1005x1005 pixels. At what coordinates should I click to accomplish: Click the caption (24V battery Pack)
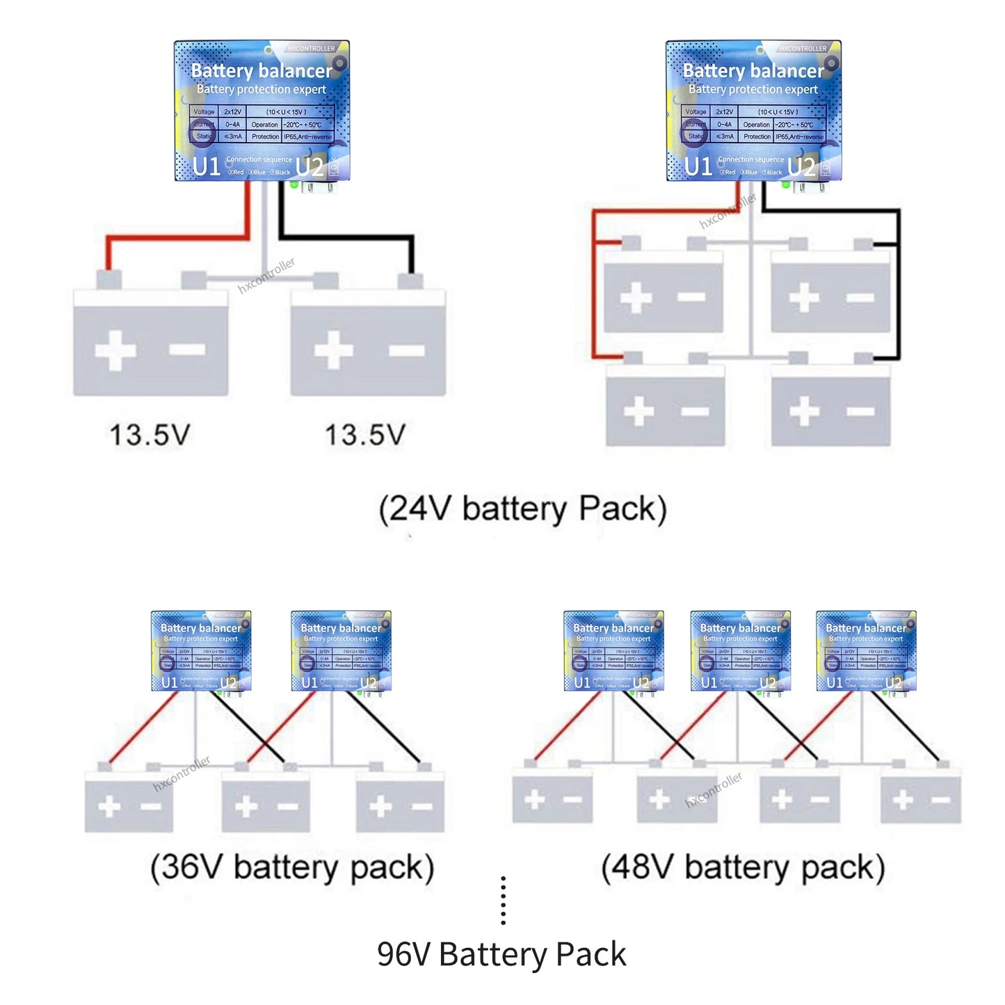[522, 509]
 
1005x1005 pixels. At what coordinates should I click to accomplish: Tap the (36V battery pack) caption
[292, 867]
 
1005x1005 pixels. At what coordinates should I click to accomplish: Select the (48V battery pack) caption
[743, 867]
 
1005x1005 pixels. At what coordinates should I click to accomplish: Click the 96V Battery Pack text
[501, 954]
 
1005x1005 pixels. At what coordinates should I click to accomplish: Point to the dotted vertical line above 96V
[503, 901]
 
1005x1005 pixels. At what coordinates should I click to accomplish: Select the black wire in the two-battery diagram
[348, 237]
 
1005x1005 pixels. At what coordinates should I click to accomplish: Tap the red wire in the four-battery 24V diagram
[593, 292]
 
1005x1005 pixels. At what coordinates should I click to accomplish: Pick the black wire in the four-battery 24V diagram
[898, 292]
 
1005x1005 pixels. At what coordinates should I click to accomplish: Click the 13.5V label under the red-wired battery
[150, 435]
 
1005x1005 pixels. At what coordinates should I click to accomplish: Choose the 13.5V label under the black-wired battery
[365, 435]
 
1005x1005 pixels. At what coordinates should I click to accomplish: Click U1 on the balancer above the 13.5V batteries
[207, 167]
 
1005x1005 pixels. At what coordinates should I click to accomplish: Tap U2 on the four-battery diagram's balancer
[801, 167]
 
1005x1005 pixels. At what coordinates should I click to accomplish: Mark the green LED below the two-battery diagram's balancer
[294, 185]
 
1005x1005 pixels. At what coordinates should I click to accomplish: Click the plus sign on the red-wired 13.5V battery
[115, 349]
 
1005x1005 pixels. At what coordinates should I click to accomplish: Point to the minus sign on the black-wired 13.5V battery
[407, 351]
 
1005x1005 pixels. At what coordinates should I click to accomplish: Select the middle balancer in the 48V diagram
[740, 650]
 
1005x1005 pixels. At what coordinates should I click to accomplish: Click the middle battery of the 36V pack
[266, 805]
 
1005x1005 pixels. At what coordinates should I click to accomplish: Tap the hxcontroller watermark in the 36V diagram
[182, 773]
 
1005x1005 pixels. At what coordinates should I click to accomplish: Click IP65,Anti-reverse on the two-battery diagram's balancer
[308, 137]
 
